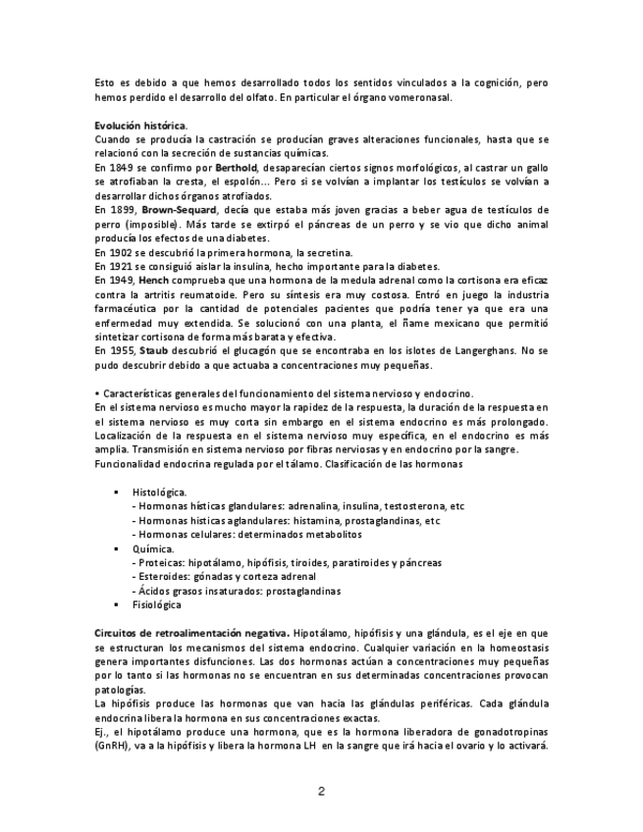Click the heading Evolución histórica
tap(140, 127)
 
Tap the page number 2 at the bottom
tap(321, 791)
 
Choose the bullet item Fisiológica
tap(156, 605)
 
